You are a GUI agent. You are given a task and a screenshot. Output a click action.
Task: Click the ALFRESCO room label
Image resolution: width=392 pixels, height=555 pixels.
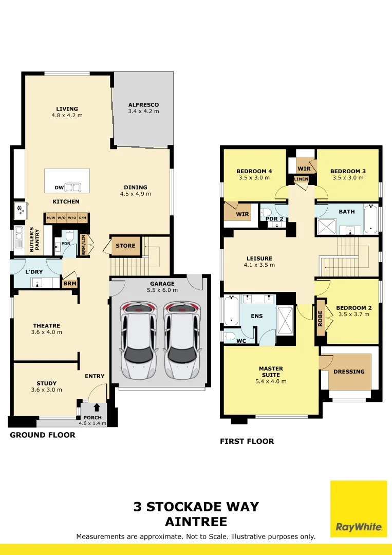click(x=143, y=105)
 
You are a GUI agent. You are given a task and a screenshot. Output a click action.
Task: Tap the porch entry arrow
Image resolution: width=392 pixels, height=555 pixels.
click(x=97, y=407)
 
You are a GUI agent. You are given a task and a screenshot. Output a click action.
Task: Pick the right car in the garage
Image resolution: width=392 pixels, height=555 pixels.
click(x=181, y=340)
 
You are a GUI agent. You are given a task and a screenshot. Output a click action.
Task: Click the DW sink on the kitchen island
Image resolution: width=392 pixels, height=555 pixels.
click(x=73, y=187)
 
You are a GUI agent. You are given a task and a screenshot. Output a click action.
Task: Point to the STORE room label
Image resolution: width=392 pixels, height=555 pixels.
click(x=125, y=246)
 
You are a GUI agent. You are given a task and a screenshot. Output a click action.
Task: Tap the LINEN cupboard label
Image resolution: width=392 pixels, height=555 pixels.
click(x=301, y=179)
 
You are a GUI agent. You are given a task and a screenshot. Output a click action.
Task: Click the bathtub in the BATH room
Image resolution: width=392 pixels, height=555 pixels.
click(x=370, y=218)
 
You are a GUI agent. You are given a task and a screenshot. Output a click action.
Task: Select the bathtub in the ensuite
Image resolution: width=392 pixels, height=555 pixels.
click(x=231, y=311)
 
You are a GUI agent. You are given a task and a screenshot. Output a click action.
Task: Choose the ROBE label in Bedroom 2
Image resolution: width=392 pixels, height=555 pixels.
click(x=320, y=318)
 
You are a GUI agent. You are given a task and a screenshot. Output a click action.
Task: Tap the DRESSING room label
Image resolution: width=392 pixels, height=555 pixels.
click(x=349, y=372)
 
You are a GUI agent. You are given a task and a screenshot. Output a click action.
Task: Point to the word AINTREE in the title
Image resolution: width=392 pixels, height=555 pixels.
click(x=196, y=522)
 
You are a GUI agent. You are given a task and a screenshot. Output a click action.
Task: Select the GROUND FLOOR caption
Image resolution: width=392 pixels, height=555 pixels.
click(x=43, y=435)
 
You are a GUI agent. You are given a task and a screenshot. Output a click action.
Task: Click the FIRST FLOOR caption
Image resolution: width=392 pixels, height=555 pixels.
click(x=247, y=441)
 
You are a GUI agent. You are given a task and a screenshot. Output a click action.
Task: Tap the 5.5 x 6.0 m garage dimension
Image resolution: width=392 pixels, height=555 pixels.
click(x=162, y=290)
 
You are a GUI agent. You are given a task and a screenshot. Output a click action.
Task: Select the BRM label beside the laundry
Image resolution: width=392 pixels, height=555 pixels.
click(x=70, y=284)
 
